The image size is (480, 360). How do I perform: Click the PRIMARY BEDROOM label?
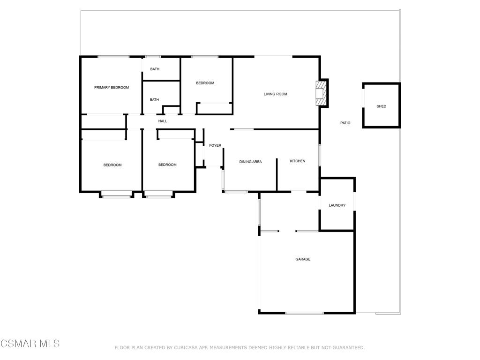tap(112, 88)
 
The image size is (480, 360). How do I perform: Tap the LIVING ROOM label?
tap(276, 94)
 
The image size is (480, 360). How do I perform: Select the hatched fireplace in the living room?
tap(321, 93)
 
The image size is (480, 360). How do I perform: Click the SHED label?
tap(382, 106)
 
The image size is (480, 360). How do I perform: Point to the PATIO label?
tap(345, 123)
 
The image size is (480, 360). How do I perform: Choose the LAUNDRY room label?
tap(337, 205)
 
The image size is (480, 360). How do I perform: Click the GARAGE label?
tap(303, 259)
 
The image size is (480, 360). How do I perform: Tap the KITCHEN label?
tap(298, 161)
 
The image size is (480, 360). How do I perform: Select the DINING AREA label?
tap(250, 162)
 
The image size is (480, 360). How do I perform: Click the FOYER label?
tap(215, 146)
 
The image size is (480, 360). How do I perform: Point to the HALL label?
tap(163, 121)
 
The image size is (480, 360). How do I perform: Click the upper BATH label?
tap(155, 69)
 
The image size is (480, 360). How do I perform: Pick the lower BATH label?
tap(154, 100)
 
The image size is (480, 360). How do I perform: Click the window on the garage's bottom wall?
tap(305, 313)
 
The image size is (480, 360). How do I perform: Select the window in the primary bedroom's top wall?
tap(113, 57)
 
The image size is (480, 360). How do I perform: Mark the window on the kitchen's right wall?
tap(320, 156)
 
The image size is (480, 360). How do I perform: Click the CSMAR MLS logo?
tap(30, 344)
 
